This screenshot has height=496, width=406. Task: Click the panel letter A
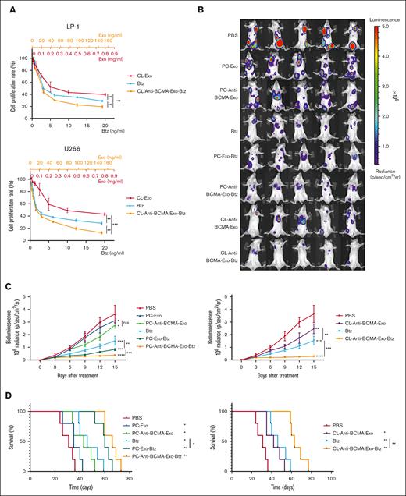pos(7,9)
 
